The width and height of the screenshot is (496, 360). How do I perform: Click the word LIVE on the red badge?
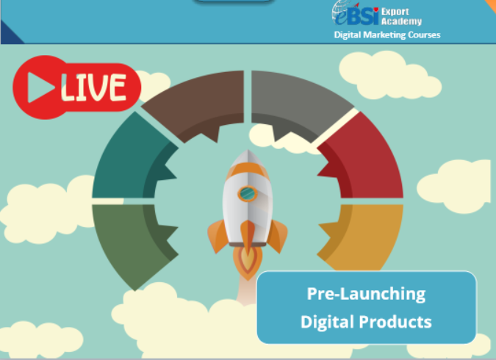click(x=94, y=87)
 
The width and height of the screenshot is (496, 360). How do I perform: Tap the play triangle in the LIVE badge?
click(x=41, y=87)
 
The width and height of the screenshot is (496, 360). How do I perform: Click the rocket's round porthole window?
click(x=248, y=193)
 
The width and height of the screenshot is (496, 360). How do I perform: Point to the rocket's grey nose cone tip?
click(x=248, y=151)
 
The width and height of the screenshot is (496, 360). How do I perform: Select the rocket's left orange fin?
click(x=218, y=236)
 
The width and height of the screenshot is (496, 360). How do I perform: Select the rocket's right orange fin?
click(x=278, y=236)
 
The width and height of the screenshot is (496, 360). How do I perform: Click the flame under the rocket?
click(x=248, y=263)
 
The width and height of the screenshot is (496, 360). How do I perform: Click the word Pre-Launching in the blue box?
click(x=367, y=294)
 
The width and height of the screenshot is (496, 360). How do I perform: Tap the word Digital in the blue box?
click(x=327, y=322)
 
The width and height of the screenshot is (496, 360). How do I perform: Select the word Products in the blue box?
click(x=395, y=322)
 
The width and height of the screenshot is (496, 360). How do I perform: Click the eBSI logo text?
click(x=356, y=16)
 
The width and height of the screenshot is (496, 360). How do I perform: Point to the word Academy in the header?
click(x=401, y=21)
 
